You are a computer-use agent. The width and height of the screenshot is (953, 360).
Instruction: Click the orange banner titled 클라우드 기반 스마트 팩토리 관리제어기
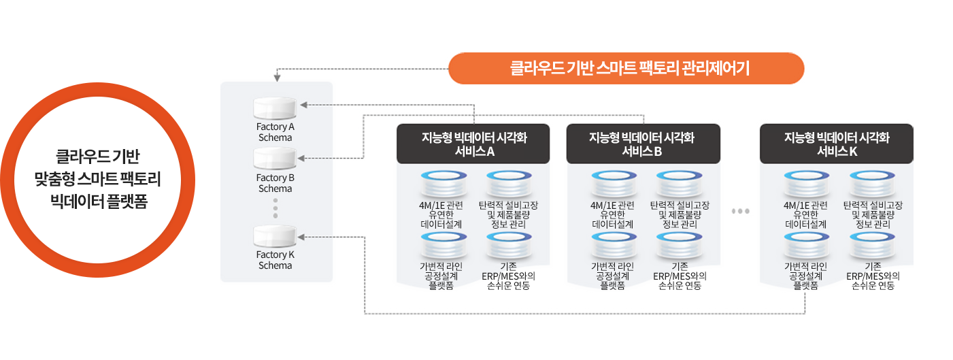626,68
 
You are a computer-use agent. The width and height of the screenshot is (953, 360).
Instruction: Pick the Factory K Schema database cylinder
275,236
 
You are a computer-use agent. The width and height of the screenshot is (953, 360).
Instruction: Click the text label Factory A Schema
275,132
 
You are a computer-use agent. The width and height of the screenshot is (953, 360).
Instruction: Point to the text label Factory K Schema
275,260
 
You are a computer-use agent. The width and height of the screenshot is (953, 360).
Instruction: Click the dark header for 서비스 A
473,144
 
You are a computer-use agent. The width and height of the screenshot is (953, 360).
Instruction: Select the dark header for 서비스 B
642,144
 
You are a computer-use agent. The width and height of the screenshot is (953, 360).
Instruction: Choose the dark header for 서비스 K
837,144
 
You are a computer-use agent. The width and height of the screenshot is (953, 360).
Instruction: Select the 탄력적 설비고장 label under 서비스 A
507,214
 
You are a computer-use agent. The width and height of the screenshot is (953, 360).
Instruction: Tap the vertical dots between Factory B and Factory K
275,208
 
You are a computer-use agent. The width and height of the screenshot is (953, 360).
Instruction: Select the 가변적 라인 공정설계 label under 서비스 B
613,276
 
